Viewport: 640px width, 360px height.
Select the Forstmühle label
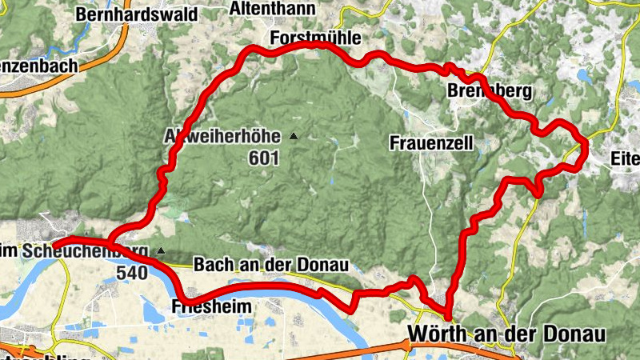pos(316,38)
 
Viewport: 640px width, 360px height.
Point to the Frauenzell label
pos(432,143)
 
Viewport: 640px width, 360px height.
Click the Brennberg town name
pos(489,92)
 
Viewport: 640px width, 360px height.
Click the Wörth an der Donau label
pos(506,333)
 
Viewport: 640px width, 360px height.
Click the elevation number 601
pos(264,158)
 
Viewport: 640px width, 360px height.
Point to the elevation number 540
pos(132,272)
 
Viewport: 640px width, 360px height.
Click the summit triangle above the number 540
pos(161,251)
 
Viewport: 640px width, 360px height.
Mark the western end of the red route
pos(56,242)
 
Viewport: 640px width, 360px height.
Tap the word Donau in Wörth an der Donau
pos(575,333)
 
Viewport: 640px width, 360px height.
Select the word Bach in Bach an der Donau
pos(212,265)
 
